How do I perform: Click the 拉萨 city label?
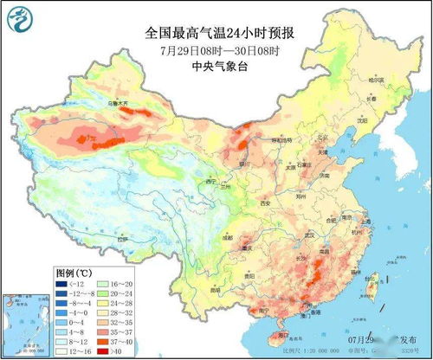(121, 238)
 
